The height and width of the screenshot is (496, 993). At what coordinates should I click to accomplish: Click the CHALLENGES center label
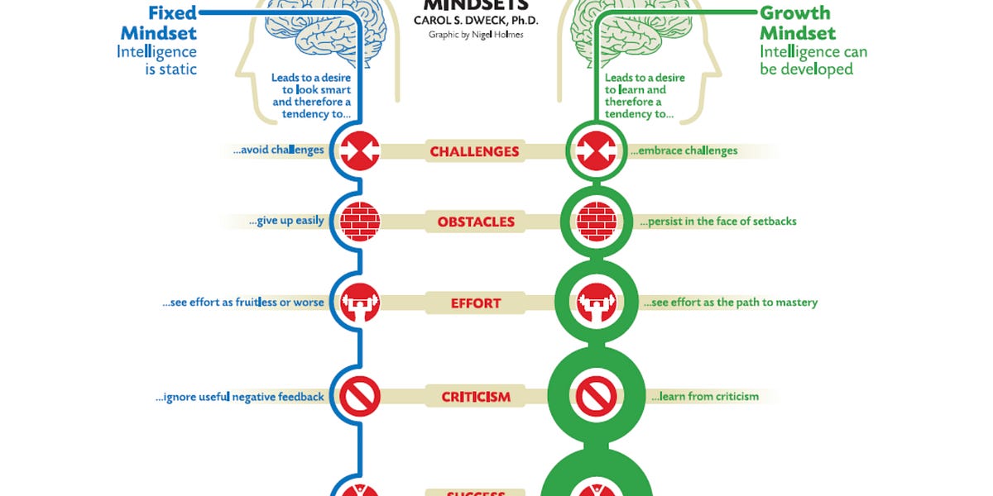click(474, 151)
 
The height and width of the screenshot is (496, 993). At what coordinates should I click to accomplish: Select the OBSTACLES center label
click(476, 222)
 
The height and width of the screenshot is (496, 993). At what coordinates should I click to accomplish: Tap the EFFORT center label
click(476, 303)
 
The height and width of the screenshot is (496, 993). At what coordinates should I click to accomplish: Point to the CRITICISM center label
click(476, 397)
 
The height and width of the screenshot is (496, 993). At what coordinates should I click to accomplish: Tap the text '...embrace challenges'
click(684, 151)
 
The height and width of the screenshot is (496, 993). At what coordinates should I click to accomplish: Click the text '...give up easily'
click(285, 221)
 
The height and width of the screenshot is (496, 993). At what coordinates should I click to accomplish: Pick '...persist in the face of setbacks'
click(717, 222)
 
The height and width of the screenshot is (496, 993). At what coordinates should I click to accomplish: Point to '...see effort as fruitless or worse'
click(243, 303)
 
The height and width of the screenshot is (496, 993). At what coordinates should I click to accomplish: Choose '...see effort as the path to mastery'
click(730, 303)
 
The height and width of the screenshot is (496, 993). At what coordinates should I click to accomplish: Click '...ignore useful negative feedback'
click(240, 397)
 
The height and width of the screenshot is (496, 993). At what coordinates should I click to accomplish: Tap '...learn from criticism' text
click(704, 397)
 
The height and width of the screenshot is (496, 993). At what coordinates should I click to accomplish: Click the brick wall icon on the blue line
click(360, 222)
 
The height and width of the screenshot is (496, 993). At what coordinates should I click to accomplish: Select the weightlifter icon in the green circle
click(597, 303)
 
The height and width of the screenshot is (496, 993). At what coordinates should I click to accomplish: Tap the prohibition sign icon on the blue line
click(360, 397)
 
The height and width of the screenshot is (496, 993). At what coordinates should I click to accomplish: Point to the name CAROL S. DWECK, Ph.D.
click(477, 21)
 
